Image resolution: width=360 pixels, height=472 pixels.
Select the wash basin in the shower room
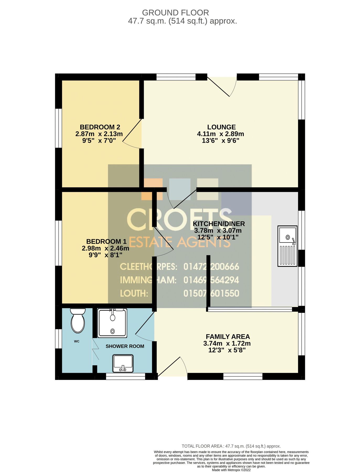tap(123, 363)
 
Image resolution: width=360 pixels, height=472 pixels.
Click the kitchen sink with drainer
tap(287, 246)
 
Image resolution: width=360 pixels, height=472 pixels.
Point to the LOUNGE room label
tap(221, 127)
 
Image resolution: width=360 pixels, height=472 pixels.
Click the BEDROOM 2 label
tap(100, 127)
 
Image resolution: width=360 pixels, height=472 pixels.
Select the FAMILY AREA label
tap(228, 337)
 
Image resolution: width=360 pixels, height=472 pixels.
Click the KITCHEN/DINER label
tap(219, 224)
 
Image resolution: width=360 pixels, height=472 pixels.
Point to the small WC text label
tap(77, 341)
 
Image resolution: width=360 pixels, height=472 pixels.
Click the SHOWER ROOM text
tap(125, 346)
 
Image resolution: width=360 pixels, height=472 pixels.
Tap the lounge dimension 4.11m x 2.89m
tap(221, 134)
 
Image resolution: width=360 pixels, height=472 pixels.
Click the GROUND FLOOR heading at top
tap(175, 13)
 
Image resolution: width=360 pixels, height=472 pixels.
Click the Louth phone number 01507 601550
tap(211, 293)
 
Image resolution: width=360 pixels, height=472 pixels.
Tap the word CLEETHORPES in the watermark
tap(148, 267)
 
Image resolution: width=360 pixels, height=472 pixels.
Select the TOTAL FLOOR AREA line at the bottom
tap(231, 446)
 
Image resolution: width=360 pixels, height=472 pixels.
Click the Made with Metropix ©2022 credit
tap(231, 470)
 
